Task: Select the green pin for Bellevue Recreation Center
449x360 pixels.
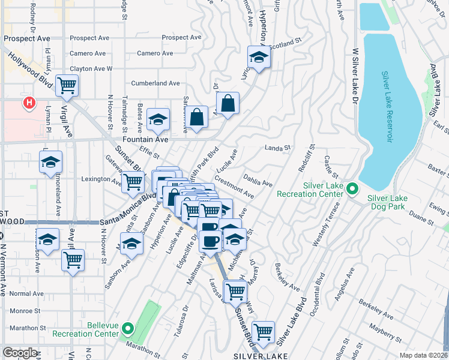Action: point(127,328)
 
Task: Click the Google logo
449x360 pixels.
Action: point(20,353)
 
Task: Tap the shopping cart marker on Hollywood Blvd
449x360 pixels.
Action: point(67,85)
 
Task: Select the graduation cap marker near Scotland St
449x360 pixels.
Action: point(259,57)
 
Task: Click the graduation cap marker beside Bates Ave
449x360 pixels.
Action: point(158,120)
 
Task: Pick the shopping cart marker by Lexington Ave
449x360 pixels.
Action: point(133,181)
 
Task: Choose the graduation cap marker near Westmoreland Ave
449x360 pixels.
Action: point(51,162)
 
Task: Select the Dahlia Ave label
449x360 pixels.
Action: point(259,179)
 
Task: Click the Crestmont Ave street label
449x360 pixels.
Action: point(234,188)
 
